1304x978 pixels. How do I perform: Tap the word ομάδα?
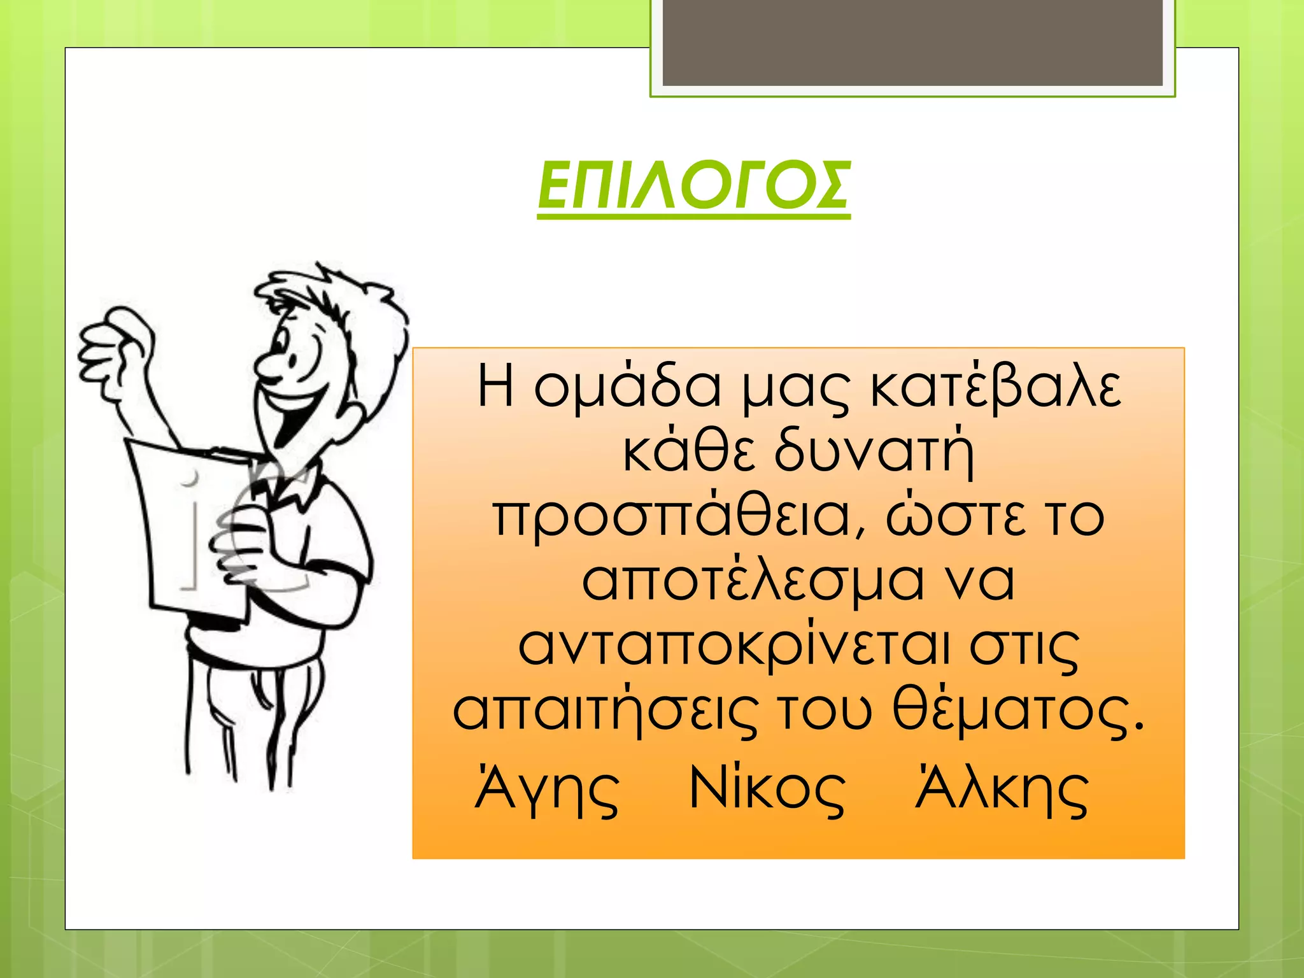627,387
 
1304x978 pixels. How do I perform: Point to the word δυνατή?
874,453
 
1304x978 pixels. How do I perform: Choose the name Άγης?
548,790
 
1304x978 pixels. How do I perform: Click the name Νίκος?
767,790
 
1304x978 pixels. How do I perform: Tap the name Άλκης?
1002,790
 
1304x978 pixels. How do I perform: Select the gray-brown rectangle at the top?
912,42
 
